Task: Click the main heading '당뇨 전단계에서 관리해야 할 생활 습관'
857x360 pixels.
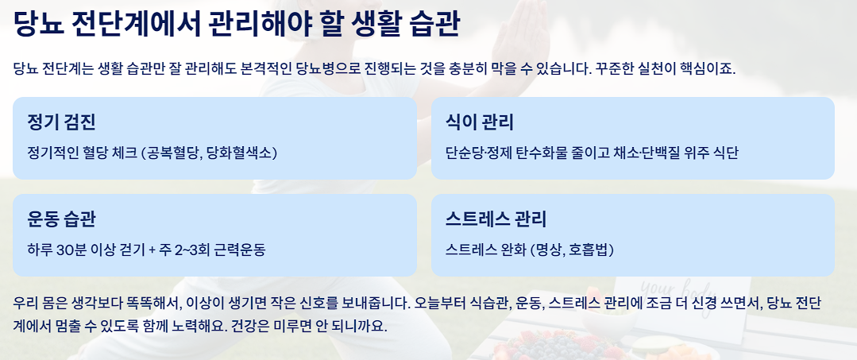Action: (x=236, y=23)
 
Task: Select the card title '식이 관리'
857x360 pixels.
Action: (x=480, y=122)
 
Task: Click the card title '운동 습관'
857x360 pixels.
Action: (x=61, y=219)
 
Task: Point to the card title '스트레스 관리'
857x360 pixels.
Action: (x=496, y=219)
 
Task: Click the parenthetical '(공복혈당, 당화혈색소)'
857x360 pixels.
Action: (x=209, y=153)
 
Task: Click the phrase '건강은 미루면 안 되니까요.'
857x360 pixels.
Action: (x=307, y=327)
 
